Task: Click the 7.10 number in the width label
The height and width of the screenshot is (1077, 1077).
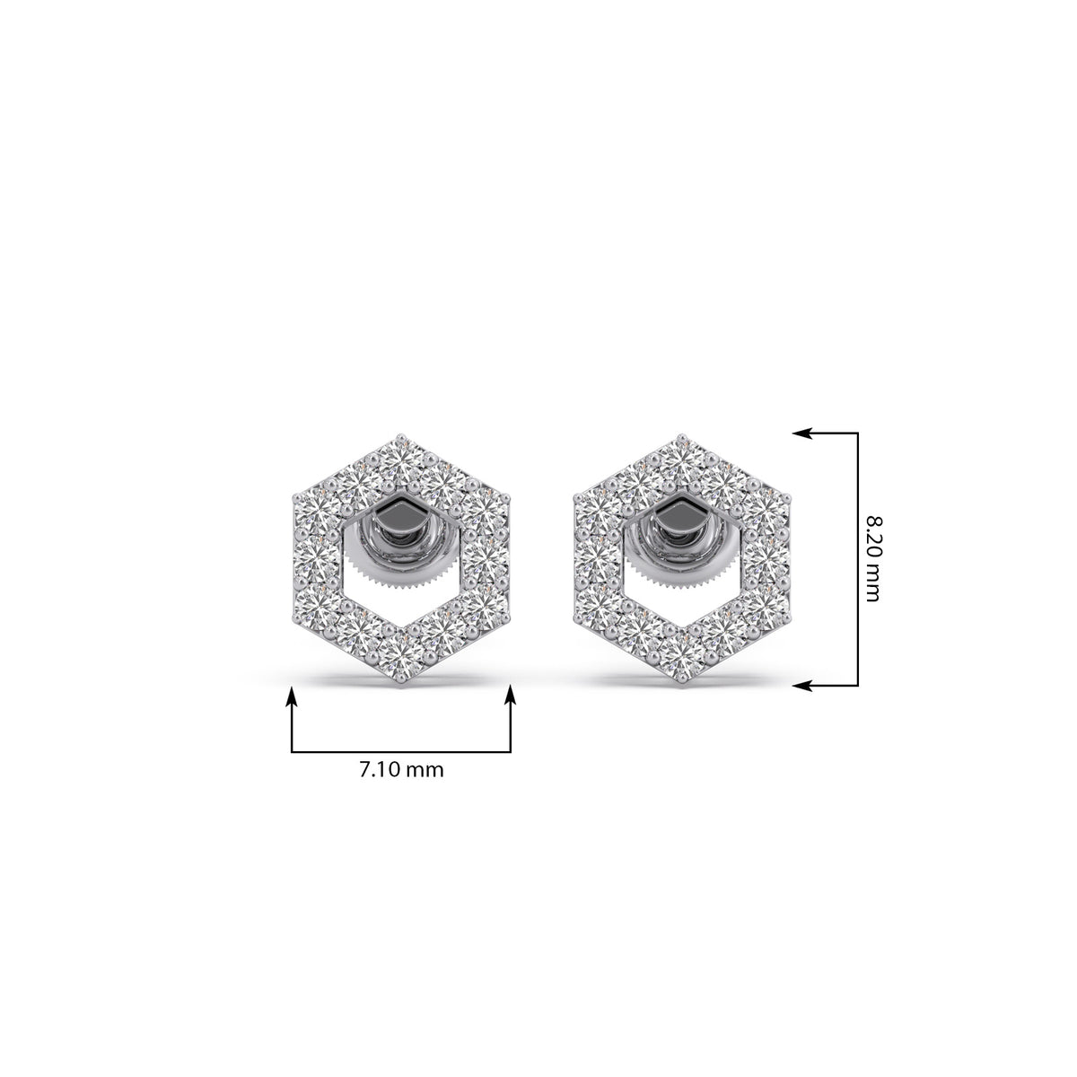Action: pos(379,770)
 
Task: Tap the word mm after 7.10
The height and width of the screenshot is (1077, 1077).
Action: pos(425,772)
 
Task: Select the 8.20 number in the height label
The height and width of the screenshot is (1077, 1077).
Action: pos(872,536)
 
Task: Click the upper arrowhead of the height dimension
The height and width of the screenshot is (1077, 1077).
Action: pos(802,433)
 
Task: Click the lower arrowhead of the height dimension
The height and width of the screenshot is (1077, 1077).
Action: pos(802,686)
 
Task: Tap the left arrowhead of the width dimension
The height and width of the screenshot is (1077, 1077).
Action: pos(292,697)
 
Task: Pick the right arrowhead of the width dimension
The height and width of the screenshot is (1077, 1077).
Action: pos(511,697)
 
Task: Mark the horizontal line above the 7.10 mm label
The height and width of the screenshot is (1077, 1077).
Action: pos(400,752)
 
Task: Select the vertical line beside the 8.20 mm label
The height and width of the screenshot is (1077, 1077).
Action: pos(857,559)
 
